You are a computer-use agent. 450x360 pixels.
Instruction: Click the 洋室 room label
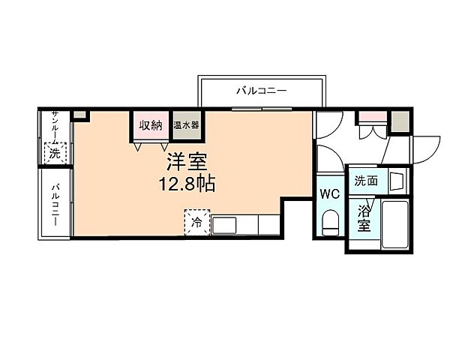coord(187,162)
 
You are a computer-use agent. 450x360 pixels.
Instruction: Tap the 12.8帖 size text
coord(187,184)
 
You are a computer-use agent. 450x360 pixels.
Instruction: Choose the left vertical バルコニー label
coord(55,201)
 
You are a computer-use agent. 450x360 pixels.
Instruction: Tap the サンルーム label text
coord(55,127)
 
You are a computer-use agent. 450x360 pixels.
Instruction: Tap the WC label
coord(330,193)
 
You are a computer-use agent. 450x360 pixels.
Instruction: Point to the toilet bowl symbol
coord(330,223)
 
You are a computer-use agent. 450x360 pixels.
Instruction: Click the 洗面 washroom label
coord(366,181)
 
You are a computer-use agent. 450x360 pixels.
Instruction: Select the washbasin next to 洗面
coord(397,181)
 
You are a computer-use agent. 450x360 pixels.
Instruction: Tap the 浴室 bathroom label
coord(364,218)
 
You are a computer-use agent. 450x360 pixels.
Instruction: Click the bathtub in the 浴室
coord(394,225)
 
